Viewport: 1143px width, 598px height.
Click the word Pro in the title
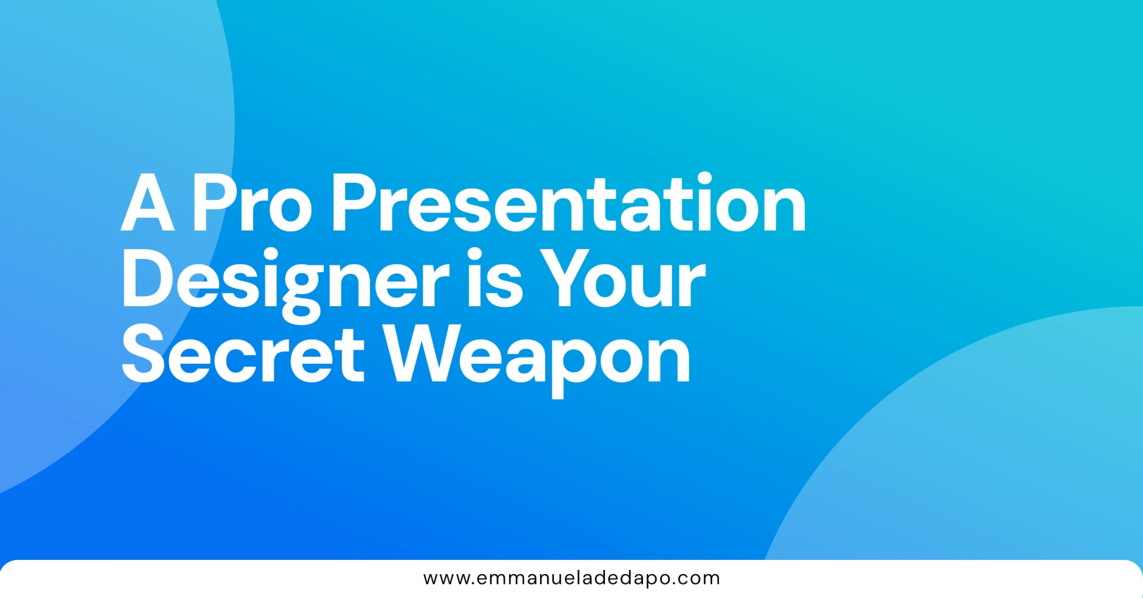point(252,203)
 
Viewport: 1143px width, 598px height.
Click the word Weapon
point(536,360)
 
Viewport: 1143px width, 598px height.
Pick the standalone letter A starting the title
point(148,203)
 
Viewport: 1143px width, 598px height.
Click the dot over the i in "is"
point(475,255)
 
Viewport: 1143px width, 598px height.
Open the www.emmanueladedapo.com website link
point(571,578)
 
